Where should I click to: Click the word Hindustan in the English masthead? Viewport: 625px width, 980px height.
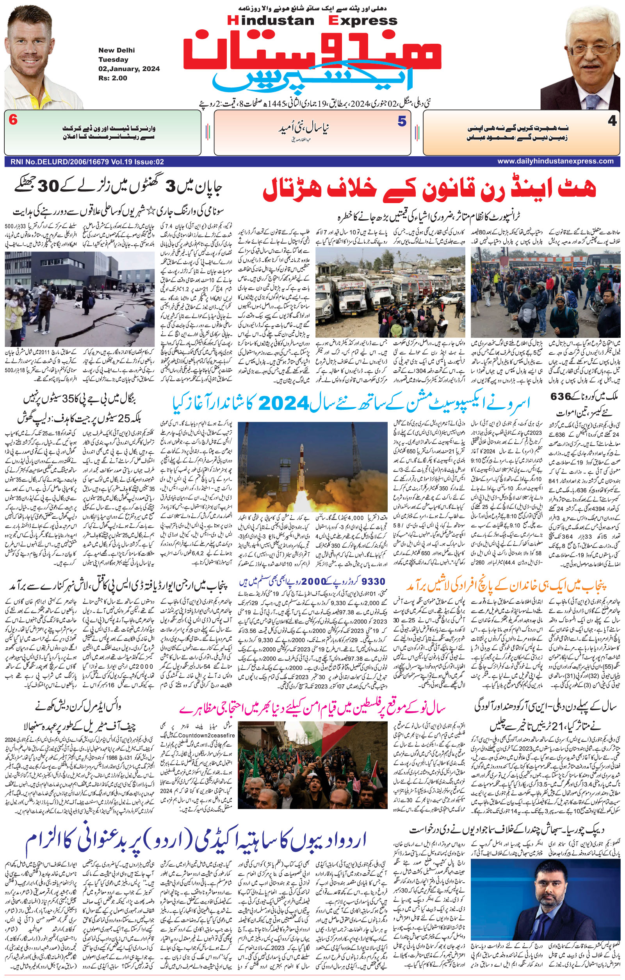271,21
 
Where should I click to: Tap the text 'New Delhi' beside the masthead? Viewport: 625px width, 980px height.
116,50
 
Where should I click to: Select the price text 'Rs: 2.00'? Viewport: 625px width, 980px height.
113,78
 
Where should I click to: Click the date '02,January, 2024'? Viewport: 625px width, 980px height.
128,69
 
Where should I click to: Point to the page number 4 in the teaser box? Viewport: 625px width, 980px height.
612,121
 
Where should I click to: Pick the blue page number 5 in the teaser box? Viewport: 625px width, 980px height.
402,121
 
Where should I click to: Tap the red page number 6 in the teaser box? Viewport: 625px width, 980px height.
13,120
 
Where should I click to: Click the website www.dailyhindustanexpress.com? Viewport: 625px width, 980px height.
556,161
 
